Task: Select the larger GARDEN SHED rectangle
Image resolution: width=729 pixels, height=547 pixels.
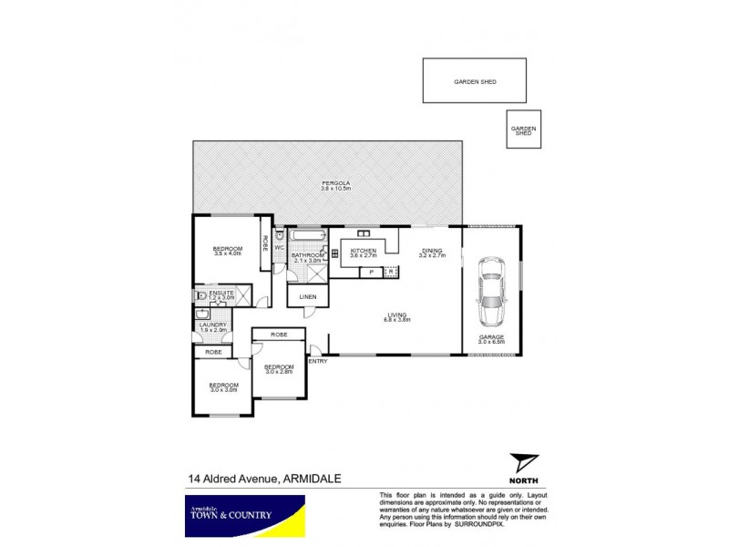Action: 475,81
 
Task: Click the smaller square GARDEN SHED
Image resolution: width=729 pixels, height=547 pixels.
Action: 523,129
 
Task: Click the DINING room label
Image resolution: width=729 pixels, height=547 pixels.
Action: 432,253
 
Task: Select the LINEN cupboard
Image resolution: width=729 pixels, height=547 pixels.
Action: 306,297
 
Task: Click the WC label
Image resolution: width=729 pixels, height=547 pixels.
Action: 280,247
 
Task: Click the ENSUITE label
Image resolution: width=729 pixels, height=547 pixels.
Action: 221,294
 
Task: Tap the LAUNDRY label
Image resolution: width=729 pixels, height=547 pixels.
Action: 214,325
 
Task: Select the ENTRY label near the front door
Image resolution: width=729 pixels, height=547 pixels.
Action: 318,361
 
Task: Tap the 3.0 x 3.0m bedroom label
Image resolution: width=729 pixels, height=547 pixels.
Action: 224,387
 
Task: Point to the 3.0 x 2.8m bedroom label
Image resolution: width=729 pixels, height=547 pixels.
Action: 280,368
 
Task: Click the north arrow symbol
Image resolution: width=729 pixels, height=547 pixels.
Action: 519,463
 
